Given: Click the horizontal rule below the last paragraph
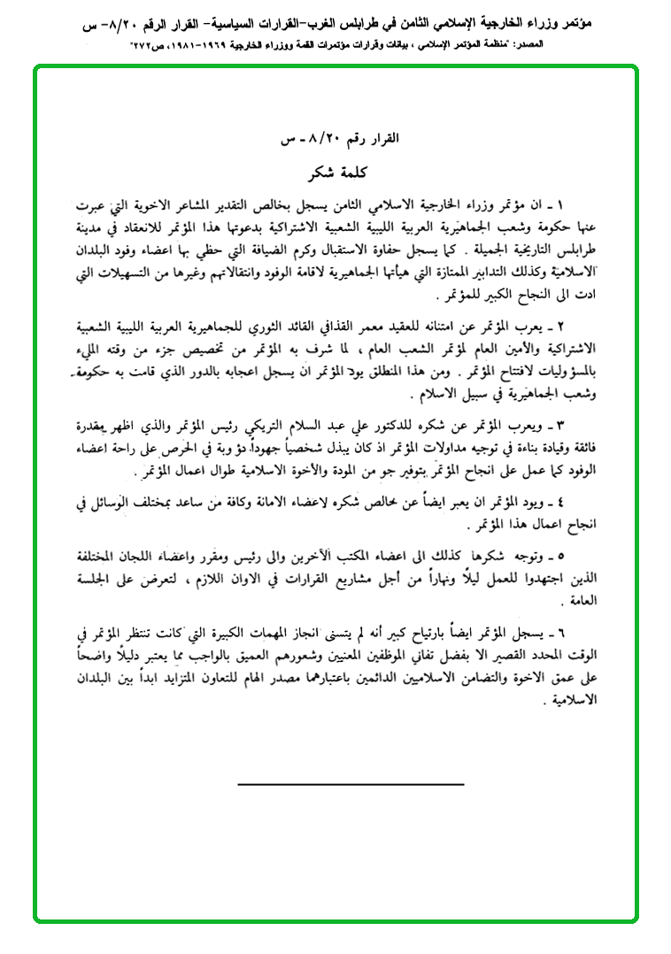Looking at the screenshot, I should tap(351, 784).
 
